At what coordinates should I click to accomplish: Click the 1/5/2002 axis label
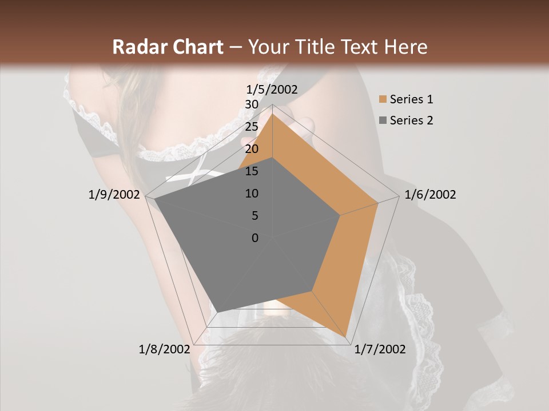click(x=272, y=90)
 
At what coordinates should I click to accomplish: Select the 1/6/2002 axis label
click(x=430, y=195)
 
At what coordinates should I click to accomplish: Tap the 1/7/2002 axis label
click(x=380, y=349)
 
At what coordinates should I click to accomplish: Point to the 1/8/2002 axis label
click(x=164, y=349)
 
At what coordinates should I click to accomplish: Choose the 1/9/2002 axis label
click(x=114, y=195)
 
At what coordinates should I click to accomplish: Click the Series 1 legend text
click(x=411, y=99)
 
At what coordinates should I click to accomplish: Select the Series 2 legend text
click(x=411, y=120)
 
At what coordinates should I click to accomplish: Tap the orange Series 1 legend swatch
click(x=383, y=100)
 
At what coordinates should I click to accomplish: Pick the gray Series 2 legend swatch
click(x=383, y=120)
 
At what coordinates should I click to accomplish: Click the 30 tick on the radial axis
click(x=251, y=104)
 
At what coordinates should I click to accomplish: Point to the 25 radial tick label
click(x=251, y=127)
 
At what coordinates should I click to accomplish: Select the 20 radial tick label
click(x=251, y=149)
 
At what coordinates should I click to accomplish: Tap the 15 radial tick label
click(x=251, y=171)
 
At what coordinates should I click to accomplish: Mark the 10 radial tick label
click(x=251, y=194)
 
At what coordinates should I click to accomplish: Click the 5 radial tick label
click(x=254, y=216)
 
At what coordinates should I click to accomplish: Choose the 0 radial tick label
click(x=255, y=238)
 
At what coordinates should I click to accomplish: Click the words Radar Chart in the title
click(x=168, y=47)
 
